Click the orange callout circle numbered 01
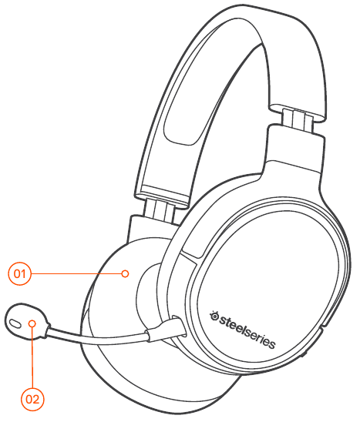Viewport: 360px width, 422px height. [20, 273]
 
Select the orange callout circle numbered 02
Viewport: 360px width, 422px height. [32, 399]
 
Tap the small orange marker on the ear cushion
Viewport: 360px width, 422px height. [125, 273]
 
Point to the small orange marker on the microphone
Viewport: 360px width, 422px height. [32, 323]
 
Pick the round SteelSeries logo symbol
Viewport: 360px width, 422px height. [214, 316]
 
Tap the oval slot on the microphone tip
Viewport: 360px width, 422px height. [15, 323]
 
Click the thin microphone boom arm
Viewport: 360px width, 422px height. [97, 335]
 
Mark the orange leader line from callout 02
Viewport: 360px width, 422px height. [32, 357]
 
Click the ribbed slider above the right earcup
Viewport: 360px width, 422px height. [298, 119]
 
